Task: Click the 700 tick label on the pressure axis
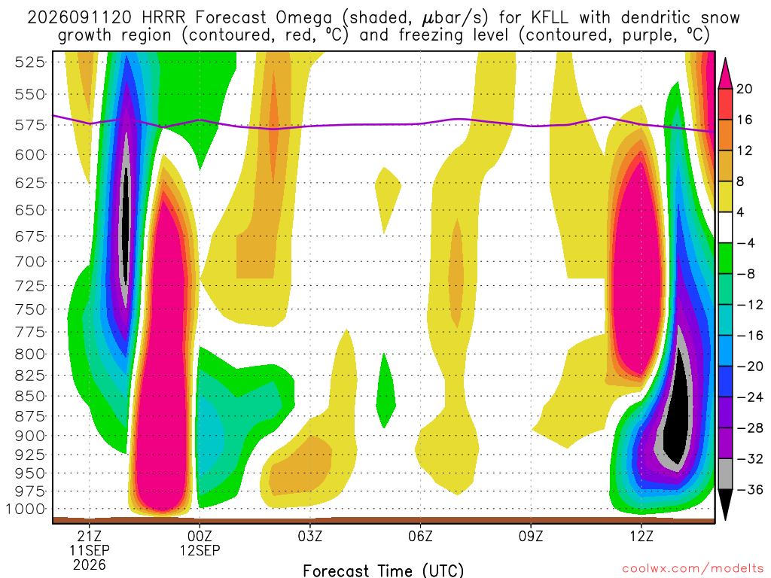point(30,261)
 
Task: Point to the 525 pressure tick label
point(30,62)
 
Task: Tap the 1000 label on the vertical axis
point(26,510)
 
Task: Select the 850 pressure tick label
point(30,396)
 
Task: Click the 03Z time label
point(309,536)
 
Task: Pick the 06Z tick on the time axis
point(420,536)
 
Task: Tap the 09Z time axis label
point(531,536)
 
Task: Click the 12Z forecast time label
point(641,536)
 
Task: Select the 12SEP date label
point(200,550)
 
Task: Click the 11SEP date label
point(89,550)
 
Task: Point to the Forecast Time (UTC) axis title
point(383,570)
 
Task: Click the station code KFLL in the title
point(550,18)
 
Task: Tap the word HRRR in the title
point(163,18)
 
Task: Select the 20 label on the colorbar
point(744,89)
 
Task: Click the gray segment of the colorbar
point(725,474)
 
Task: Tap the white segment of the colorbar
point(725,227)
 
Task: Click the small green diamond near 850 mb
point(386,391)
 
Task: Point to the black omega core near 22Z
point(126,226)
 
